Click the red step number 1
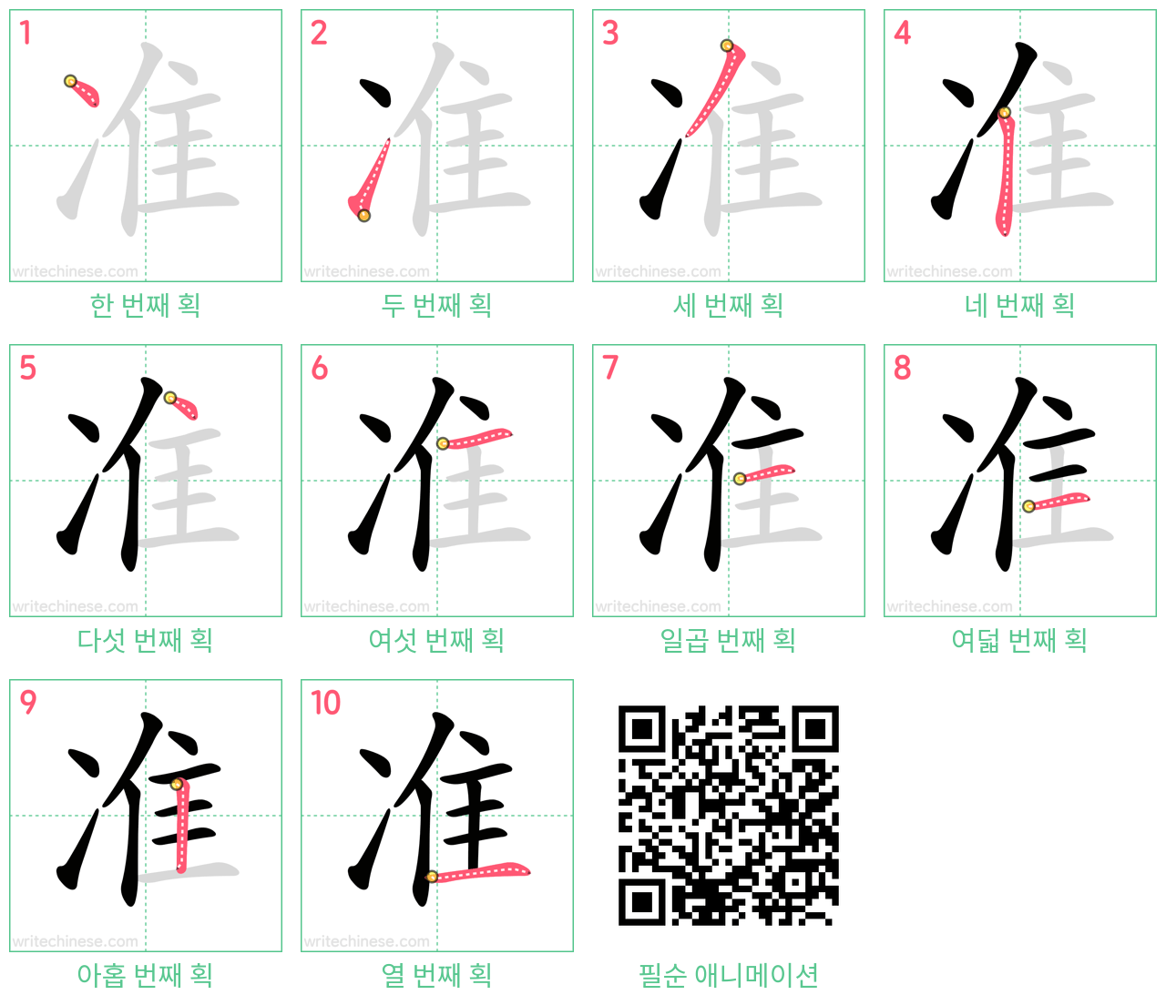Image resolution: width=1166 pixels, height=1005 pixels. coord(25,33)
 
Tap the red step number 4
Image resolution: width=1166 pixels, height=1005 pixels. coord(902,33)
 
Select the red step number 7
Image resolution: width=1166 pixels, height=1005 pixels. coord(610,368)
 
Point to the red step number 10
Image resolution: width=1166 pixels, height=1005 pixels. coord(325,702)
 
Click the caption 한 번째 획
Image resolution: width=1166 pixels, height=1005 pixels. coord(146,306)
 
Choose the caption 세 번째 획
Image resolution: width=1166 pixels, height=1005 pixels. coord(728,306)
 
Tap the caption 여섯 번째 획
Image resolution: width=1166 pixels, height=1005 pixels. coord(436,640)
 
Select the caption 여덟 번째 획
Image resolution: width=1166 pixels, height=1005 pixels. coord(1019,640)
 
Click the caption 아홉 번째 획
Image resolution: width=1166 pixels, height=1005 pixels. coord(146,975)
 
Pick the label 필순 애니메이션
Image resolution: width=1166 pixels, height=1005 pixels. coord(728,975)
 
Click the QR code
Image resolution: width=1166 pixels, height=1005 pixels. coord(728,815)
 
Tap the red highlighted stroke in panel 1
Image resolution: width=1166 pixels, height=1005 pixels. coord(84,92)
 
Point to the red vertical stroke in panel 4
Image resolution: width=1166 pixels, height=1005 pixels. coord(1006,172)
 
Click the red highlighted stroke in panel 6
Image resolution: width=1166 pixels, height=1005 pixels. coord(476,437)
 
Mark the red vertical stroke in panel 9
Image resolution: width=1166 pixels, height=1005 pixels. coord(181,826)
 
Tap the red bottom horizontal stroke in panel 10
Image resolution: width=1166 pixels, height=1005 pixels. coord(478,871)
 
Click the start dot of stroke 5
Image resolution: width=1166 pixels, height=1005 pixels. coord(170,398)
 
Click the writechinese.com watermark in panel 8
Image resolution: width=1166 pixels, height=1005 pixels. coord(949,606)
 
